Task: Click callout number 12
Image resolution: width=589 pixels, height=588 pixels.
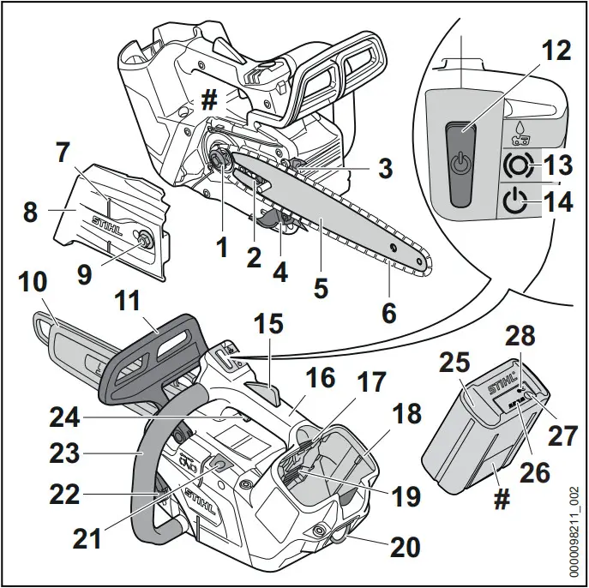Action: pos(556,51)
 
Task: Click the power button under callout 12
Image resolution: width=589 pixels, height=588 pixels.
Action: pos(462,163)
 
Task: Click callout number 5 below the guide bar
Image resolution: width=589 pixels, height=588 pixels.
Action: pos(320,288)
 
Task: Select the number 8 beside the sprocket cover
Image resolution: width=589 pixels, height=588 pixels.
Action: pos(30,212)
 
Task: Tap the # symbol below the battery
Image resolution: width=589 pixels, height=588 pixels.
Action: pos(502,499)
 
